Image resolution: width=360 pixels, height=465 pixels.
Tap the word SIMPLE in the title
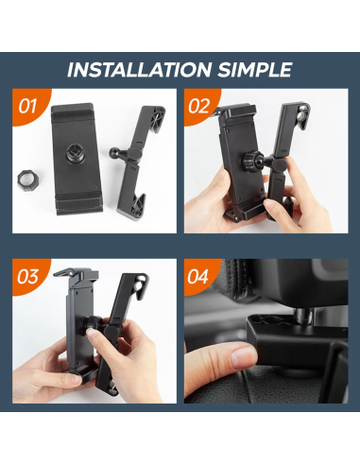[x=252, y=70]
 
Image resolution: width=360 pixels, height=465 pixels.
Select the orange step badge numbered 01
[x=28, y=105]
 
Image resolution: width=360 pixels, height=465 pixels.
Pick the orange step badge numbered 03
[x=28, y=276]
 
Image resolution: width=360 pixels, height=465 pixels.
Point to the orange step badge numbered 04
[x=198, y=276]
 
